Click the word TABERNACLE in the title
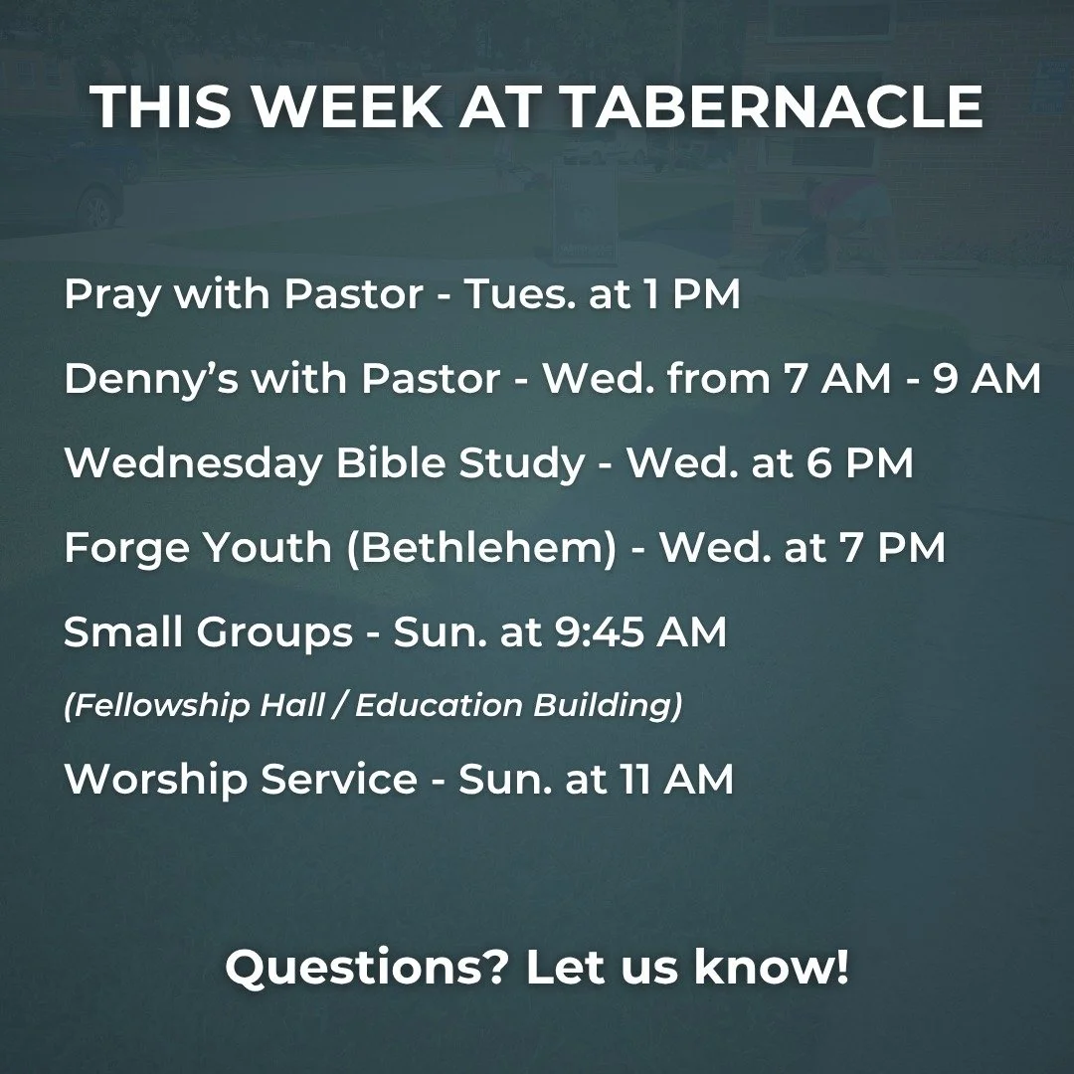[x=773, y=107]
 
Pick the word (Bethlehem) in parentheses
[x=481, y=548]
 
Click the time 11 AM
[x=685, y=779]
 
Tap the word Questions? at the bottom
[x=367, y=968]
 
